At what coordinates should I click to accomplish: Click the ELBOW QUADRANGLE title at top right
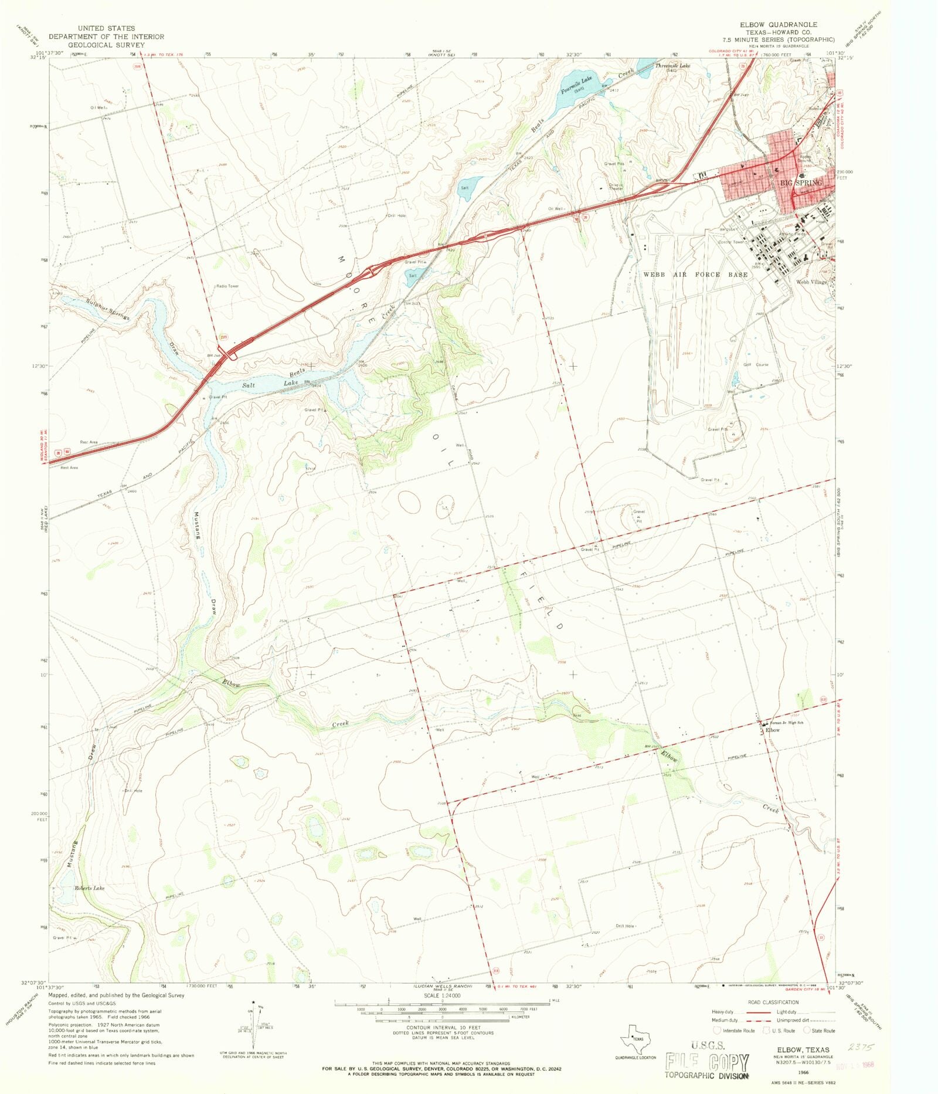point(778,25)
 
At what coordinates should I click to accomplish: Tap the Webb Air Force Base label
point(696,275)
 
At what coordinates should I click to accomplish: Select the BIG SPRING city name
point(800,183)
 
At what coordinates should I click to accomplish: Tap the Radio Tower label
point(227,286)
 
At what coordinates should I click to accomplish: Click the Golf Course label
point(756,364)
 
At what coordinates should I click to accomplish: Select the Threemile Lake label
point(672,66)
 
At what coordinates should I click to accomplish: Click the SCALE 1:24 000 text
point(442,995)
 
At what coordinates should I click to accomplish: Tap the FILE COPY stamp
point(707,1062)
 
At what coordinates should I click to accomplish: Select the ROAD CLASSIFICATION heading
point(773,1002)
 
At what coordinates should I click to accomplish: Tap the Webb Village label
point(811,282)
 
